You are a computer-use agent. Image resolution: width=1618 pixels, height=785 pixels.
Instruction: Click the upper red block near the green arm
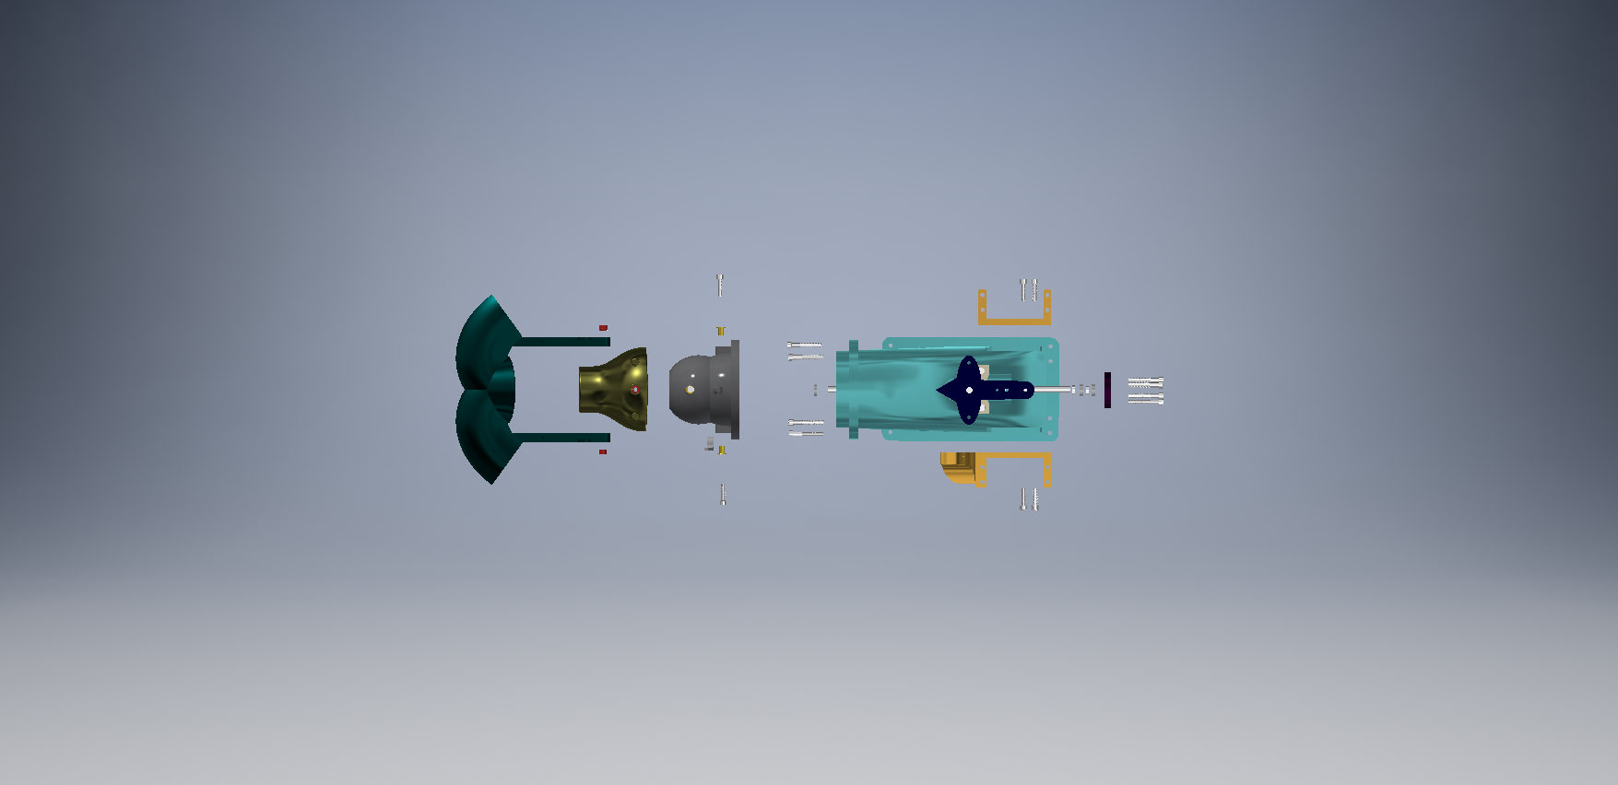click(603, 328)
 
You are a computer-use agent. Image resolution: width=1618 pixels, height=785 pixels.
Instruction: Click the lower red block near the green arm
click(603, 451)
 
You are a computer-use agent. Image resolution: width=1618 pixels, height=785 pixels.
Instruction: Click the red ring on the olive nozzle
click(635, 390)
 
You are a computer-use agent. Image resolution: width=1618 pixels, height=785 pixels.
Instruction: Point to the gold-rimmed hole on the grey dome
click(690, 390)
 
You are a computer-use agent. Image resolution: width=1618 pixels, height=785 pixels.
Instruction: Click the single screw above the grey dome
click(720, 284)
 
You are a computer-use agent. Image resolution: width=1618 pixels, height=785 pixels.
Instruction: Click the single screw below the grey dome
click(723, 495)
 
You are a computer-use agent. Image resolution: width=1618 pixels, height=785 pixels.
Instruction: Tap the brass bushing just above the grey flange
click(721, 331)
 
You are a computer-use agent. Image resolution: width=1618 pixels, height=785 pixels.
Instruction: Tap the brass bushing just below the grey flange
click(722, 450)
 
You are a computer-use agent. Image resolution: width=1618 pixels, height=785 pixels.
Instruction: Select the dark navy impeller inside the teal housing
click(977, 390)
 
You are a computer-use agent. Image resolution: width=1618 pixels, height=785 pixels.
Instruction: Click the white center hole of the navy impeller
click(969, 390)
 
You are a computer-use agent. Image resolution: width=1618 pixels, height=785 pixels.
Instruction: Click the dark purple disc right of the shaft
click(1107, 390)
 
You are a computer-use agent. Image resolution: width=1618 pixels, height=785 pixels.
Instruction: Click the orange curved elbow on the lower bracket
click(957, 468)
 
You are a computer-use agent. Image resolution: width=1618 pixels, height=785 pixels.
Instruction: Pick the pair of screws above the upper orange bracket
click(1028, 289)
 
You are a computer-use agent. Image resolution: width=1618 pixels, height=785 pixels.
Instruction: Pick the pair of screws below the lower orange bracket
click(1029, 498)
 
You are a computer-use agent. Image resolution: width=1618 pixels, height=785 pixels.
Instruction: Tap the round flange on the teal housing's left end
click(853, 390)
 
